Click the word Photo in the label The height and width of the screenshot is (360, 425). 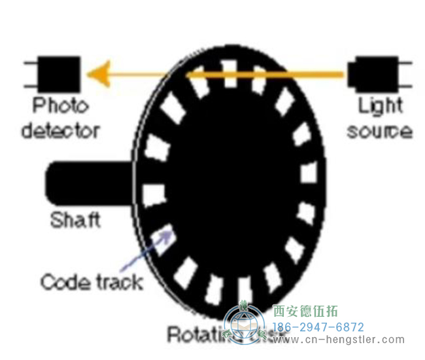(60, 105)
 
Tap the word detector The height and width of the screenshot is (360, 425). (60, 130)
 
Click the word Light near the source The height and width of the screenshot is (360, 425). (380, 105)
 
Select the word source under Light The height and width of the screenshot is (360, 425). (379, 130)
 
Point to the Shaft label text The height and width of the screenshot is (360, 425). (76, 220)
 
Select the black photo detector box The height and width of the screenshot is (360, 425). (59, 73)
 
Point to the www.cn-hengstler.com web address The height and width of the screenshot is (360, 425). (337, 340)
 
